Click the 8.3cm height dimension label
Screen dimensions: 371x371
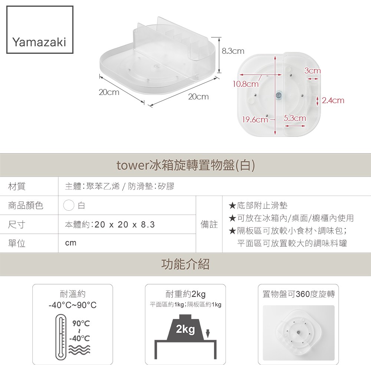point(233,51)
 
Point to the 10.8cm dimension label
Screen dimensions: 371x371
point(246,84)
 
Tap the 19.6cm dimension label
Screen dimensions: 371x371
point(255,119)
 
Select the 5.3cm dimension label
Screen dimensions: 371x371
point(295,118)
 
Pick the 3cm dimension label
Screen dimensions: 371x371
point(312,70)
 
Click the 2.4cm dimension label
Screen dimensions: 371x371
point(333,100)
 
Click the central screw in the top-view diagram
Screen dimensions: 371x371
point(279,95)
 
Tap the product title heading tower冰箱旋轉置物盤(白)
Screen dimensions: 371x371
point(186,165)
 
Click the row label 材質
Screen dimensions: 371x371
point(17,187)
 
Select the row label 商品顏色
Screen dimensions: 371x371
point(26,206)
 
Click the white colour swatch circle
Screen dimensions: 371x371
point(69,206)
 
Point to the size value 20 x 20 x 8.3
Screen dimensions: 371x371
point(125,224)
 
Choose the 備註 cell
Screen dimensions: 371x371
point(209,224)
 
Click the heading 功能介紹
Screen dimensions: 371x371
point(185,264)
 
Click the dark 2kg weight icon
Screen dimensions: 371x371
point(185,328)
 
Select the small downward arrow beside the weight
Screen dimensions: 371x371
point(208,334)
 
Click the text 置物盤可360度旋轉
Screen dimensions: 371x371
point(299,294)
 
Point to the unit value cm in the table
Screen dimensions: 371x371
point(71,243)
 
